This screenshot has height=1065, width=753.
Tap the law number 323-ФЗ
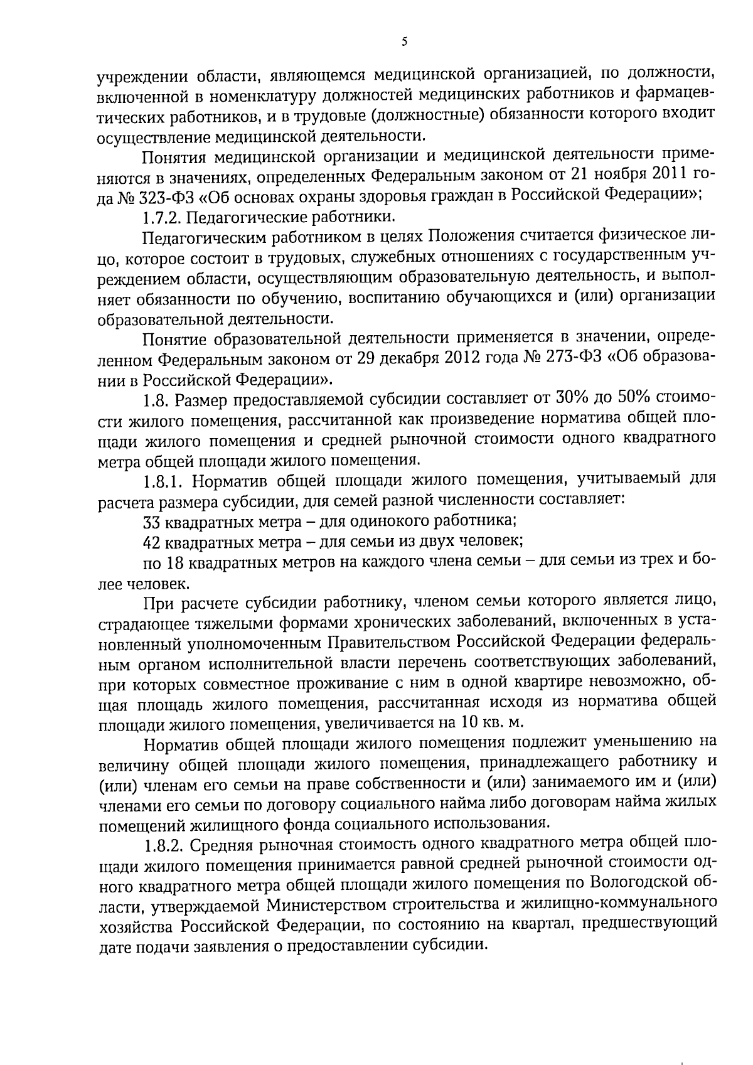click(160, 195)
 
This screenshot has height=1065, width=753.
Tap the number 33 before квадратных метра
click(151, 522)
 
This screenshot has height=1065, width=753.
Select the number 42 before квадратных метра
click(151, 542)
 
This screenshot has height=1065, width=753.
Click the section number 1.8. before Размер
click(156, 399)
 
